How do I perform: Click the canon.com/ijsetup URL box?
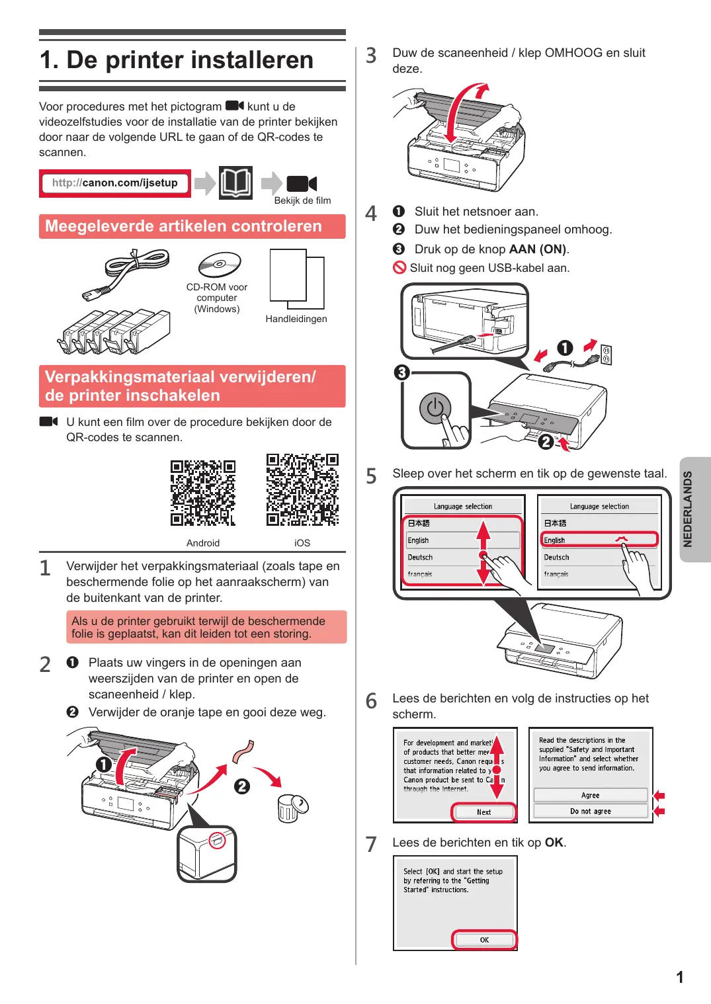click(x=115, y=183)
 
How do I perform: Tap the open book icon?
click(x=236, y=183)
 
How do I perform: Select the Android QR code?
click(x=203, y=493)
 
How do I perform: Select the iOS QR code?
click(x=302, y=489)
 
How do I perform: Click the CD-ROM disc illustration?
click(x=220, y=265)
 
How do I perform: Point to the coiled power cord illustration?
click(x=126, y=273)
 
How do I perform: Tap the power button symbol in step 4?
click(x=435, y=407)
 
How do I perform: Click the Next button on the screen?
click(x=483, y=812)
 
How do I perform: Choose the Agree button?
click(x=591, y=795)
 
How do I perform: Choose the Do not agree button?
click(x=591, y=812)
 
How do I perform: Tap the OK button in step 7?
click(x=484, y=940)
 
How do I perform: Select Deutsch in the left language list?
click(x=420, y=557)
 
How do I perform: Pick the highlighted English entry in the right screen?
click(x=599, y=540)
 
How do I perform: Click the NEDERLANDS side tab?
click(x=694, y=509)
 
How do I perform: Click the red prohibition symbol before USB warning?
click(x=399, y=268)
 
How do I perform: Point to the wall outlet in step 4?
click(x=606, y=355)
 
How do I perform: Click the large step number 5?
click(x=371, y=476)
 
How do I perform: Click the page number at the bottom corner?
click(x=680, y=977)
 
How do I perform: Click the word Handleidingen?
click(x=296, y=319)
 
